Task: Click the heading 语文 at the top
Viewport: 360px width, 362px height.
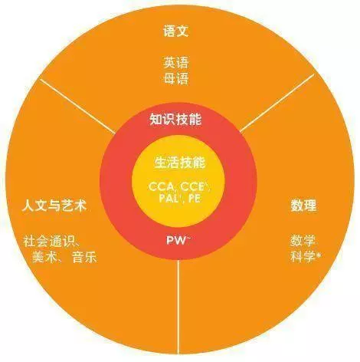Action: tap(176, 31)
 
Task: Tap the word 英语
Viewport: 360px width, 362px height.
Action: tap(176, 63)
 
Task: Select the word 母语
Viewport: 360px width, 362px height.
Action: tap(176, 78)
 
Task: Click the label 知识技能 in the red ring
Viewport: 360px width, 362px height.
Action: tap(175, 120)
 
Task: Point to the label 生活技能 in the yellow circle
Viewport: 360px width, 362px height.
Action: tap(180, 162)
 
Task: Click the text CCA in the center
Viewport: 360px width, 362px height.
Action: tap(161, 187)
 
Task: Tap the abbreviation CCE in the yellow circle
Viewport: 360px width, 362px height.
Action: tap(192, 187)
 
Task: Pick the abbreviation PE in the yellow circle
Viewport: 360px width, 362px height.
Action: tap(195, 199)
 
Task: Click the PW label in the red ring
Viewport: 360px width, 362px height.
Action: tap(176, 240)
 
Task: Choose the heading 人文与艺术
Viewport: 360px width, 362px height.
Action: tap(54, 206)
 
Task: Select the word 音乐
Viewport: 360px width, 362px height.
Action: tap(84, 257)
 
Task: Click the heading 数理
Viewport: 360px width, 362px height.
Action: tap(303, 206)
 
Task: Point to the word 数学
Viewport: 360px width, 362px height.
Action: tap(303, 241)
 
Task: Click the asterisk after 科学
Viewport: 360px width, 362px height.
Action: tap(319, 255)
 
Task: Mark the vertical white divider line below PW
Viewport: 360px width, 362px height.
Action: tap(178, 305)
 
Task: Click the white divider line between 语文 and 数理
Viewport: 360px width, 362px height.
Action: tap(277, 103)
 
